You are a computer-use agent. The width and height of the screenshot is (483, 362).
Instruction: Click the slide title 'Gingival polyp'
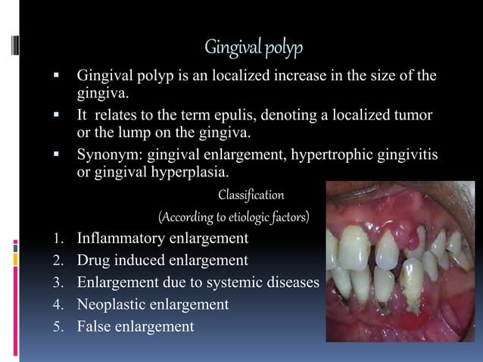pos(254,48)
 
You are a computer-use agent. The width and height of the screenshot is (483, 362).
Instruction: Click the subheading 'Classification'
pos(251,195)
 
